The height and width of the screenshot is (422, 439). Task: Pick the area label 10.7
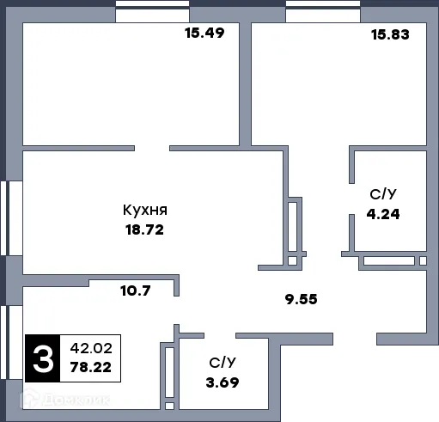tap(136, 291)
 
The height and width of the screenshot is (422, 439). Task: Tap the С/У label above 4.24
tap(382, 194)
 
